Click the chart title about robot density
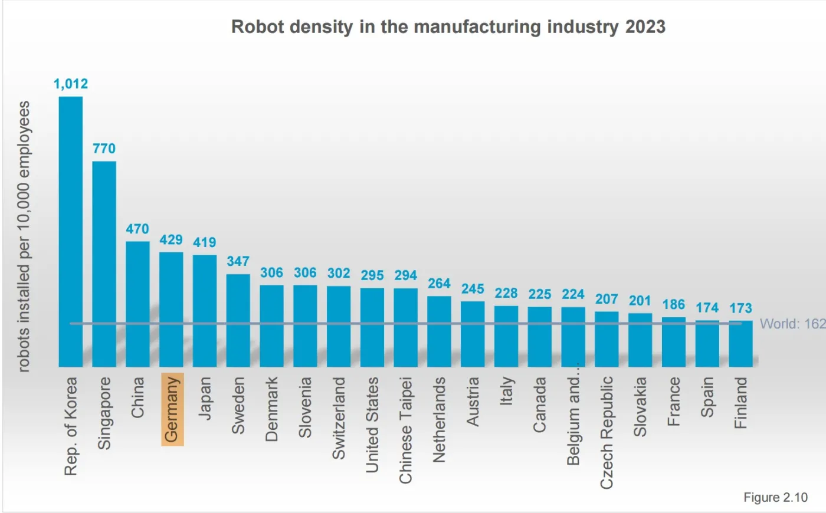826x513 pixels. coord(448,27)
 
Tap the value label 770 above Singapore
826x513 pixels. coord(104,149)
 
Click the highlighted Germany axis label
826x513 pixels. coord(172,409)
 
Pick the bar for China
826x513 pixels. coord(137,304)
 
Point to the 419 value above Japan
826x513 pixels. coord(205,242)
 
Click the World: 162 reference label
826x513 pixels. coord(792,324)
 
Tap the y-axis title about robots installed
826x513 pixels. coord(24,236)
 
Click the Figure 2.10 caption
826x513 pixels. coord(775,497)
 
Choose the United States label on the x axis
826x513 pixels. coord(372,425)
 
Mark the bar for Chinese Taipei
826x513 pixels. coord(406,327)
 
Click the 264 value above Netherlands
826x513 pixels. coord(440,284)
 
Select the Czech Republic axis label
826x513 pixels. coord(607,432)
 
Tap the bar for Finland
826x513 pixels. coord(740,344)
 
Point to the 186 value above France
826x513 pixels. coord(674,305)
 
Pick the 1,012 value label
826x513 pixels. coord(71,84)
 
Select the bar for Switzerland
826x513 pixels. coord(339,326)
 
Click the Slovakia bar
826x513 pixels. coord(640,340)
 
